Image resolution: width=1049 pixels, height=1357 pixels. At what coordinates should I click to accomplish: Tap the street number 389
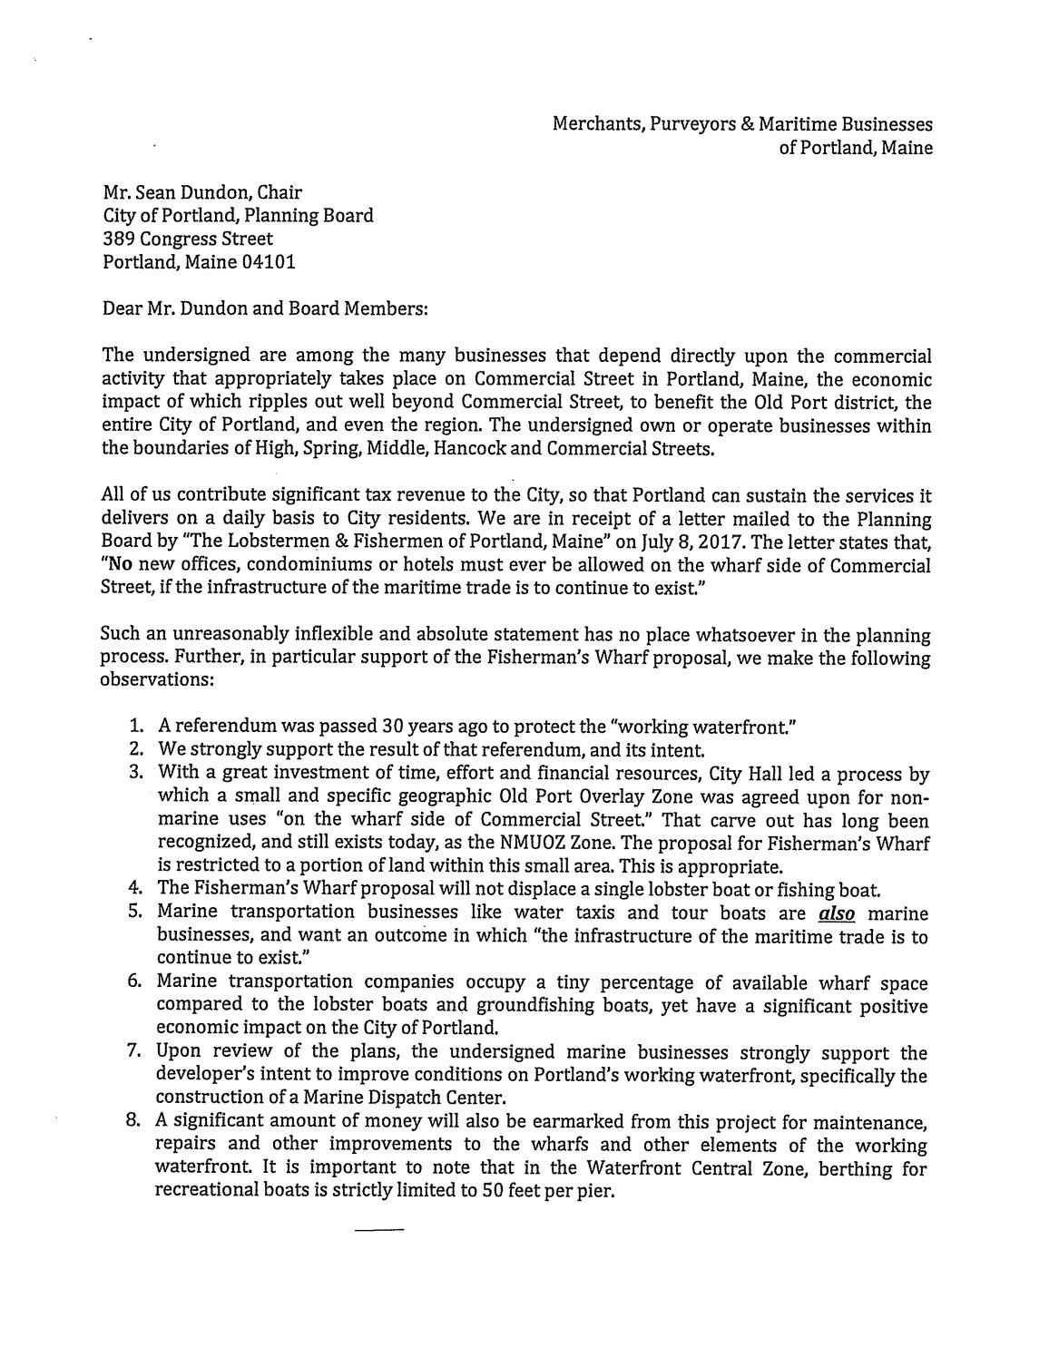pos(119,239)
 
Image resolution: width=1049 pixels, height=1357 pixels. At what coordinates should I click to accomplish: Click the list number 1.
pos(135,727)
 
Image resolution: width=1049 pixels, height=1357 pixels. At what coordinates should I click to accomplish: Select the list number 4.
pos(135,889)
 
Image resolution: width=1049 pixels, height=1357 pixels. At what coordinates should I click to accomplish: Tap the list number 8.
pos(135,1121)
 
